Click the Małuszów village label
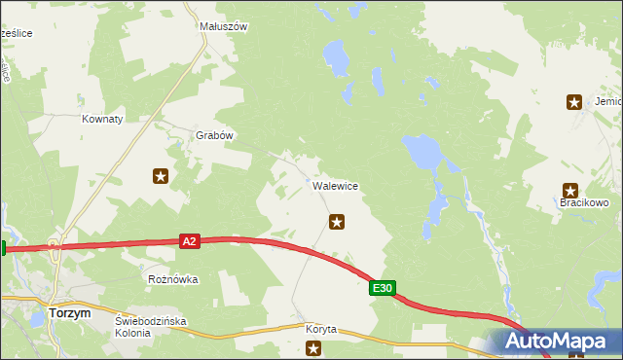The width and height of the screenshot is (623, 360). click(x=223, y=27)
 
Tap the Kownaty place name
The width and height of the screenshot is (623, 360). click(x=102, y=119)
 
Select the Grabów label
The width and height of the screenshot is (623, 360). click(x=215, y=135)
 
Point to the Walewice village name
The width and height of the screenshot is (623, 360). click(x=335, y=185)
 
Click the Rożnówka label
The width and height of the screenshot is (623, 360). click(x=173, y=279)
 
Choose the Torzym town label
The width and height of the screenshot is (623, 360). click(x=70, y=313)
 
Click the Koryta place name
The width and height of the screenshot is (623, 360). click(x=320, y=329)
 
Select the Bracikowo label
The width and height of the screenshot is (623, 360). click(x=583, y=202)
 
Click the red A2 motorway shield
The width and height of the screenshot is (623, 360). click(x=190, y=240)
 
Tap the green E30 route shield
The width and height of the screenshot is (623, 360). click(x=383, y=288)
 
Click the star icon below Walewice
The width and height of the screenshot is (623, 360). click(x=337, y=222)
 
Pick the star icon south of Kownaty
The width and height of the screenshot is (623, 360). click(x=161, y=176)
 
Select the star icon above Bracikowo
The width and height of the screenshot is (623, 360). click(x=570, y=190)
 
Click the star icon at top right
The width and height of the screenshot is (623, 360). click(x=574, y=101)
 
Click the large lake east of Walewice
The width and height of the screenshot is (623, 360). click(x=421, y=150)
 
